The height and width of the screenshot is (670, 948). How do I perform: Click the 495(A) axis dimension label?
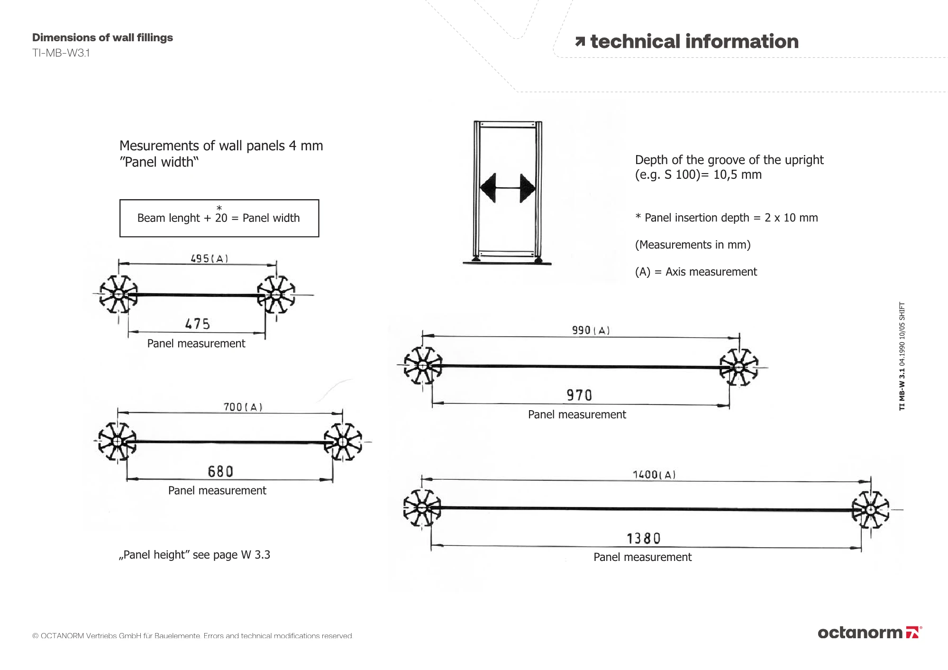click(209, 258)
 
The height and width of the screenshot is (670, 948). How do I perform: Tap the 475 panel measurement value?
click(197, 324)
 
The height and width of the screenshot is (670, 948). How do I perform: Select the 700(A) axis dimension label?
click(243, 407)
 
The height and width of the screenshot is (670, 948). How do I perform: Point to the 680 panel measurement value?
click(220, 471)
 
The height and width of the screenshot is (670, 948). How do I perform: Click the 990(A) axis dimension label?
click(591, 330)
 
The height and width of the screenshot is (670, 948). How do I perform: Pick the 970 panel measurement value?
click(579, 395)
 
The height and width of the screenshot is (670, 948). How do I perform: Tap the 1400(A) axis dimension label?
click(654, 474)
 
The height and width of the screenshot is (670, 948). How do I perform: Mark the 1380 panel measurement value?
click(643, 539)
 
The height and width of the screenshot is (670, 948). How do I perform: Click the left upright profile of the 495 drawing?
click(118, 294)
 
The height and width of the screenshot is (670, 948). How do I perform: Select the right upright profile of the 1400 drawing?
click(870, 510)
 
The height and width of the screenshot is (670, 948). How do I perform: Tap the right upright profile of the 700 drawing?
click(343, 442)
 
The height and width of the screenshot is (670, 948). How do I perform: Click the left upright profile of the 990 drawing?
click(423, 366)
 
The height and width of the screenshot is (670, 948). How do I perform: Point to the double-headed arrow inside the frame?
click(508, 188)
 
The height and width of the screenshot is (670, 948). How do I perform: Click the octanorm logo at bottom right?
click(869, 633)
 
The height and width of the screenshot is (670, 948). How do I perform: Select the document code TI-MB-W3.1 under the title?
click(61, 53)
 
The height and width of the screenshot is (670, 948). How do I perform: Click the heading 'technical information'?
click(694, 42)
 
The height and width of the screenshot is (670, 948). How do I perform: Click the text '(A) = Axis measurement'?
click(696, 272)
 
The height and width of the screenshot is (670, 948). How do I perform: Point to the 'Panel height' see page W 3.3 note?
click(194, 555)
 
